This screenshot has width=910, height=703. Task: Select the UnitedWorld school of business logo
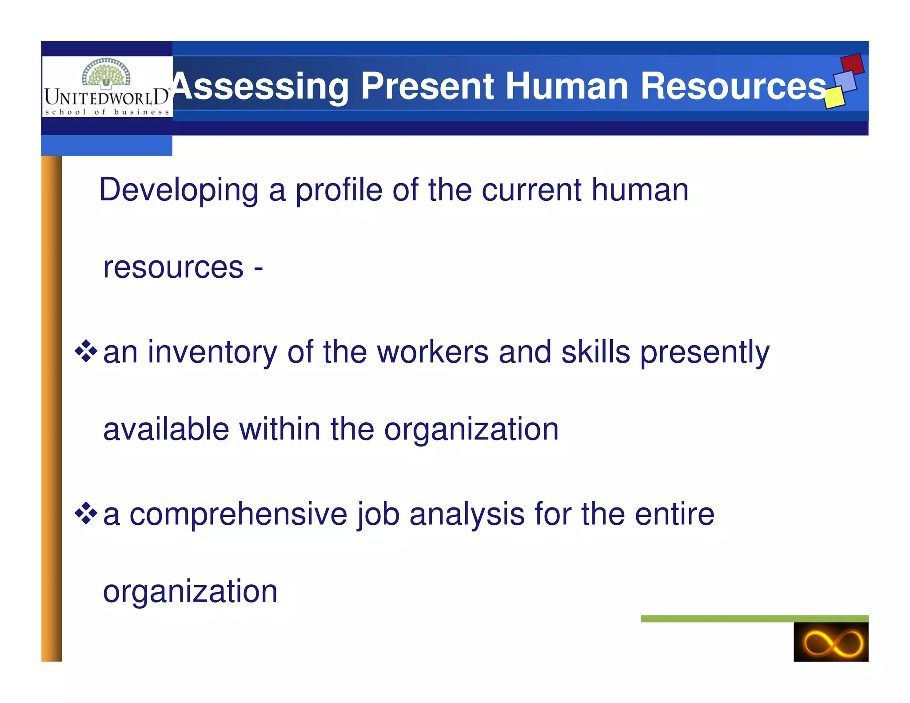107,87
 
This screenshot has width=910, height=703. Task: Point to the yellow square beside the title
834,98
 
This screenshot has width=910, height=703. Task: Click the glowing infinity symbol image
830,642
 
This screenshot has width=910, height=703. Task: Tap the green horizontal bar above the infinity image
754,619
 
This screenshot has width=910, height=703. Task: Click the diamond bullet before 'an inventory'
86,351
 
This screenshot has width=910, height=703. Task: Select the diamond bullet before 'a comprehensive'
86,514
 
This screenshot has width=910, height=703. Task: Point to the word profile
339,190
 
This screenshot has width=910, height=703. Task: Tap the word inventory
212,352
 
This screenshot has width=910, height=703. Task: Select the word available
166,429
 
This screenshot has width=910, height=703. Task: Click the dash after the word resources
258,268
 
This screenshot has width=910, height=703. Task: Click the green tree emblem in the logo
106,72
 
